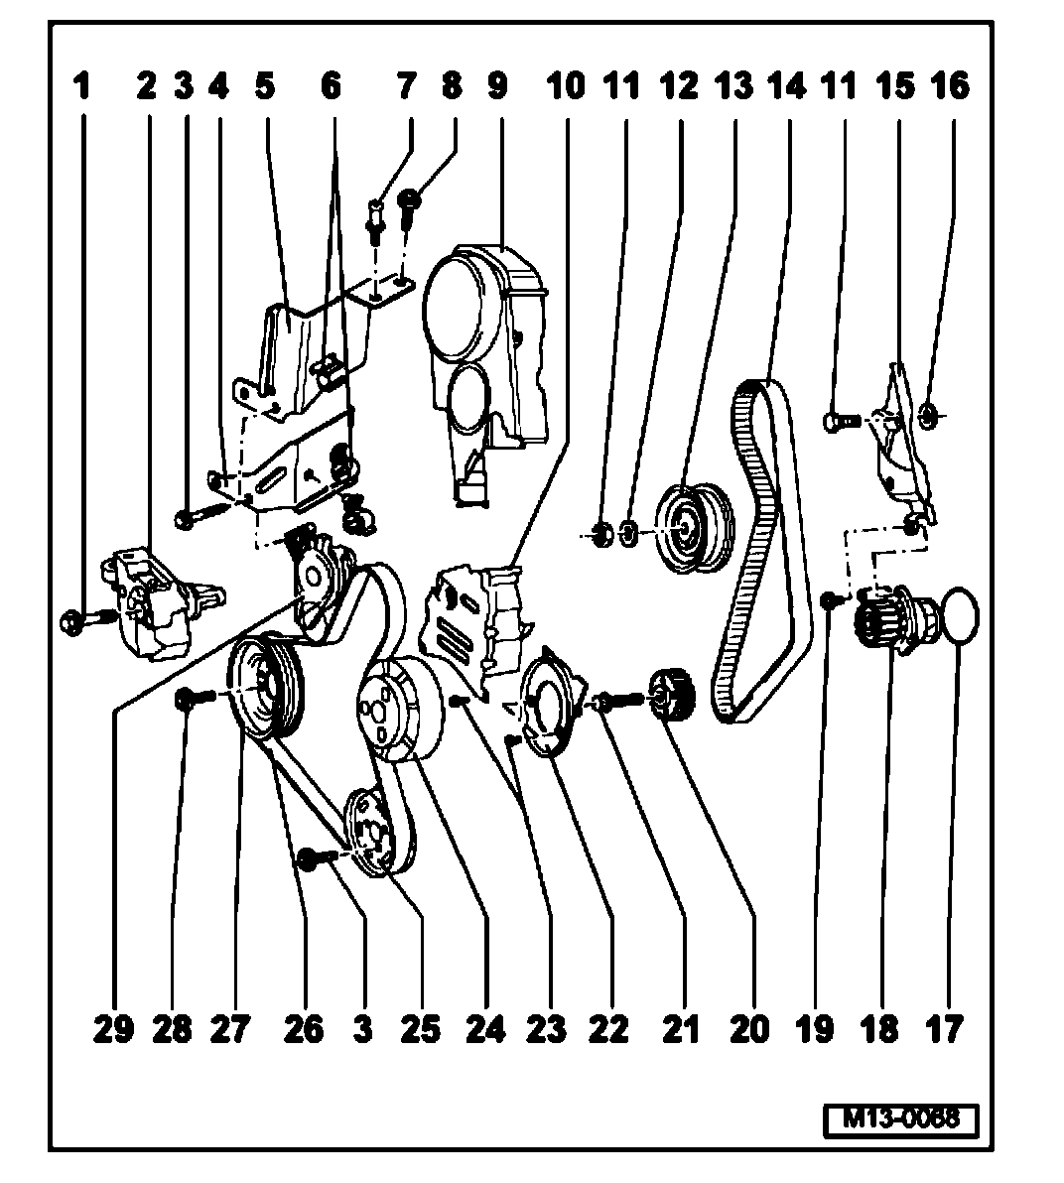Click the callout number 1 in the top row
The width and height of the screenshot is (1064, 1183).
81,86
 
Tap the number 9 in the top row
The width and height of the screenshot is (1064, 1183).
497,86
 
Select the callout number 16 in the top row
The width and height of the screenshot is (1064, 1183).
950,86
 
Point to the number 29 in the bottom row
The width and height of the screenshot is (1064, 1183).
113,1029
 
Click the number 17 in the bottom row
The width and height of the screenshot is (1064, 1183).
944,1029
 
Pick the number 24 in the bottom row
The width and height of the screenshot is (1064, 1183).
485,1029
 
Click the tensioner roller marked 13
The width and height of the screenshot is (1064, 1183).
690,528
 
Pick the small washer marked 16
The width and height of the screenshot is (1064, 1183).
930,414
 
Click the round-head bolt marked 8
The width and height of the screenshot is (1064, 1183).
408,209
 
